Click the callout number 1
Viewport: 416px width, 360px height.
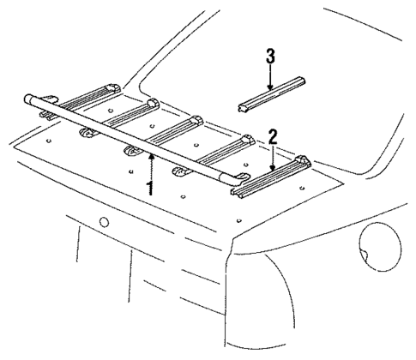click(151, 187)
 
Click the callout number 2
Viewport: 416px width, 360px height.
click(272, 136)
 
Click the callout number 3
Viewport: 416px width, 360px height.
click(269, 57)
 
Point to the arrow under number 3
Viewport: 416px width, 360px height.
click(269, 78)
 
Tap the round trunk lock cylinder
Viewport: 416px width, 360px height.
click(104, 222)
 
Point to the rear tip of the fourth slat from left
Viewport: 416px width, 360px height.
click(249, 140)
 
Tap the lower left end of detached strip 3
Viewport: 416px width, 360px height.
click(242, 107)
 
